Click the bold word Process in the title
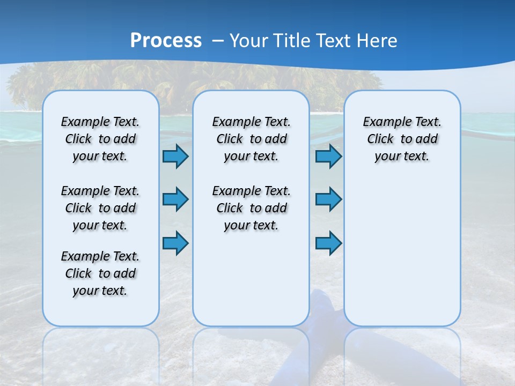click(166, 41)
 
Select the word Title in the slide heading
click(292, 41)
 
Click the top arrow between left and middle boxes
click(175, 157)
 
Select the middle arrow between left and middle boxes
click(175, 199)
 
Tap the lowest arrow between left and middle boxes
click(175, 243)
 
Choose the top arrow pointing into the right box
click(328, 157)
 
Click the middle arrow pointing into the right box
click(328, 199)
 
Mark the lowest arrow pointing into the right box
click(328, 243)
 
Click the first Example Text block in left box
click(100, 139)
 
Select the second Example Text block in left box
click(100, 208)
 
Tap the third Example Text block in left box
click(100, 273)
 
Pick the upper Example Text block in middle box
click(251, 139)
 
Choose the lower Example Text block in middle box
click(251, 208)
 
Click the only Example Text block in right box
click(402, 139)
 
